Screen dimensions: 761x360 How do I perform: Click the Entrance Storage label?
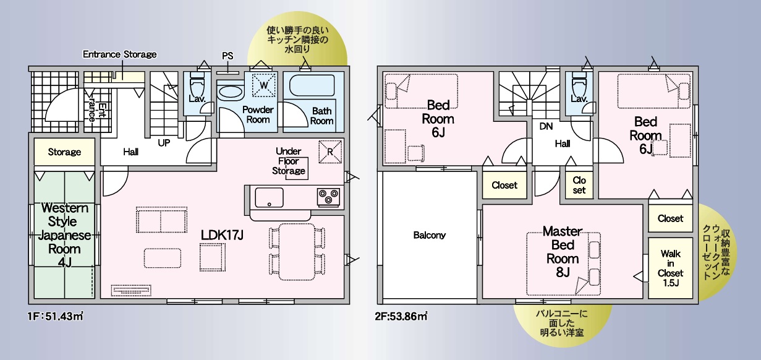119,54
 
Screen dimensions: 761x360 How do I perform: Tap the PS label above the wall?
227,56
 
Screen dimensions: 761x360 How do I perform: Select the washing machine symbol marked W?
263,85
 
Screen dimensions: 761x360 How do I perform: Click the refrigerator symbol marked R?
330,152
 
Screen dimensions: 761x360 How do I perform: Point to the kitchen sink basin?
269,197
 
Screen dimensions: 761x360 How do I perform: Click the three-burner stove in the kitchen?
328,197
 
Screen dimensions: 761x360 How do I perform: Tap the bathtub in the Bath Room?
312,85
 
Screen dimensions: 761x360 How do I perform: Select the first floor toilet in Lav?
197,85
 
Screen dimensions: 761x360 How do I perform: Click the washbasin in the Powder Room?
231,92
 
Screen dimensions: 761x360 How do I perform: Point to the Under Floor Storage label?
289,161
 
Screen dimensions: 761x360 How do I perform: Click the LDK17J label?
222,235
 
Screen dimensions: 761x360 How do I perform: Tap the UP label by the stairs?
164,143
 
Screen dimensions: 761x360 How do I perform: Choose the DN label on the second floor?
546,126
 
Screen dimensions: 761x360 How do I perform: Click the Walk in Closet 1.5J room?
670,268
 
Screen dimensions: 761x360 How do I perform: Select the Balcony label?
430,235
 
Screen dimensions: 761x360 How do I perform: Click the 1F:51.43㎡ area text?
56,317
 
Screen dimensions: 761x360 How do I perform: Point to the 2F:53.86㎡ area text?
401,317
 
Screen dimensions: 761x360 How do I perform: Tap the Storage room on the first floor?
64,152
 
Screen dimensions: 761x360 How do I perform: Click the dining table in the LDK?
297,252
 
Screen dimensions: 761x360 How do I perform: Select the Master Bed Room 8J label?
563,252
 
